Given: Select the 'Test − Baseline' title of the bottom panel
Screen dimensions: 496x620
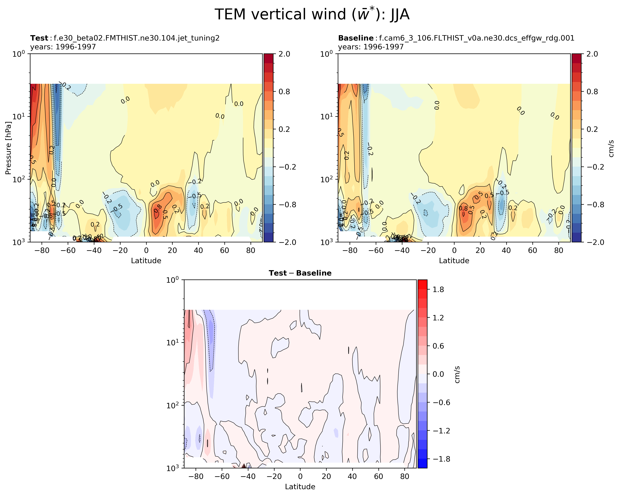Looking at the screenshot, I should [300, 273].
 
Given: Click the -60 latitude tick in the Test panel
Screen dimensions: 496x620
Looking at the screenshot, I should [68, 251].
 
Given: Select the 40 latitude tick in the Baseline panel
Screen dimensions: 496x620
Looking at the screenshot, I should [506, 251].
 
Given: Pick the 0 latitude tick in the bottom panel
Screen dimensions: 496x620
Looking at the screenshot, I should [300, 476].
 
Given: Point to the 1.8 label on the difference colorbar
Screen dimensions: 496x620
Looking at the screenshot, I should [438, 290].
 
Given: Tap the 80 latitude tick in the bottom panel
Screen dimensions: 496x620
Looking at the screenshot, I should [404, 476].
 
